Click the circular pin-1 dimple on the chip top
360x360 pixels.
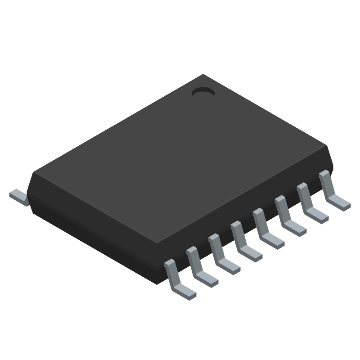pyautogui.click(x=203, y=92)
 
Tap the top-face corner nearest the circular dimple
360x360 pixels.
pyautogui.click(x=203, y=75)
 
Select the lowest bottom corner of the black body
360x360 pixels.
pyautogui.click(x=160, y=283)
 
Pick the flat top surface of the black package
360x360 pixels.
pyautogui.click(x=180, y=157)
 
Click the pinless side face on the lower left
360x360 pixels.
pyautogui.click(x=90, y=229)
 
